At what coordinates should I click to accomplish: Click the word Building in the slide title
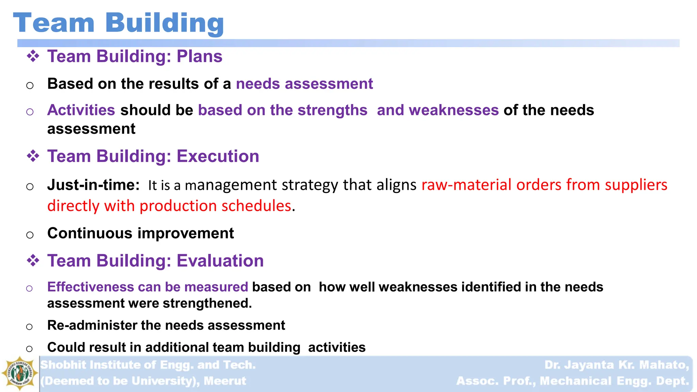[x=164, y=23]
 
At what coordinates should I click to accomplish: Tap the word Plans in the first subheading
[x=199, y=56]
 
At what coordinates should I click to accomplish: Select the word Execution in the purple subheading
[x=218, y=157]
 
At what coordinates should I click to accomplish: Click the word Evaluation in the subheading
[x=220, y=261]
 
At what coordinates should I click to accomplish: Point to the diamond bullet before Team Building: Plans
[x=33, y=56]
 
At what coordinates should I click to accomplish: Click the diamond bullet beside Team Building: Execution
[x=33, y=156]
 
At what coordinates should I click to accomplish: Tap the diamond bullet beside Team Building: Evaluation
[x=33, y=261]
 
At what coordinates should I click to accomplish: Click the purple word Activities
[x=81, y=110]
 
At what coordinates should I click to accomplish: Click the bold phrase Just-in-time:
[x=93, y=185]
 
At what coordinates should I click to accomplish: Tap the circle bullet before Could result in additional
[x=30, y=349]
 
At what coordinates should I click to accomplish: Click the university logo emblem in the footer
[x=20, y=373]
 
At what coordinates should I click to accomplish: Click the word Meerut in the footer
[x=225, y=381]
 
